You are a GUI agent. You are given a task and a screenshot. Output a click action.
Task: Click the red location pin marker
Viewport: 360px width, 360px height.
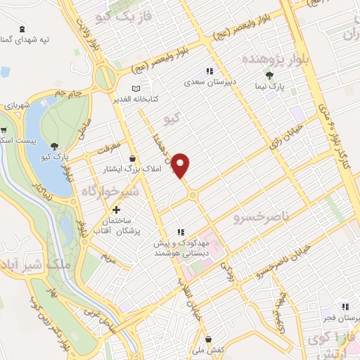[x=182, y=165]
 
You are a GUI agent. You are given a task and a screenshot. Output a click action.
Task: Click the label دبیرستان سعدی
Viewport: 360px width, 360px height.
[x=208, y=82]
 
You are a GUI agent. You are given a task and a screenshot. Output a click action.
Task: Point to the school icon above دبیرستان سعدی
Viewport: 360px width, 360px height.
[x=209, y=71]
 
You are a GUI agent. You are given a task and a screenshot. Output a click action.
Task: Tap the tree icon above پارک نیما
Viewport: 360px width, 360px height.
[x=270, y=75]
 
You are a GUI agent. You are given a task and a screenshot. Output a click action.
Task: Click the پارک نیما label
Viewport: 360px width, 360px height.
[x=270, y=87]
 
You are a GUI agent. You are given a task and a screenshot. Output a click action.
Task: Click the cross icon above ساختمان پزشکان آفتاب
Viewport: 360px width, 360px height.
[x=116, y=210]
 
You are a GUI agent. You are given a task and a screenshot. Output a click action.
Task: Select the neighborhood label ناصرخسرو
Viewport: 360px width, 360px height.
[x=258, y=212]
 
